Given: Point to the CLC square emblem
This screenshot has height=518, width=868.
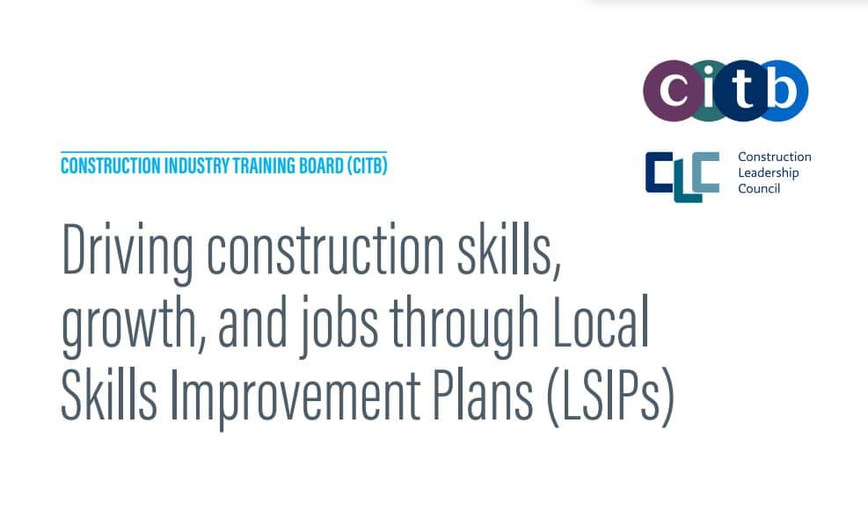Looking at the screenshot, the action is coord(682,177).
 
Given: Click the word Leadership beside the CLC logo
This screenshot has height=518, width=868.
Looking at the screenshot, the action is coord(769,172).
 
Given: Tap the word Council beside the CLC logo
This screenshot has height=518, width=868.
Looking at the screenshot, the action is coord(759,189).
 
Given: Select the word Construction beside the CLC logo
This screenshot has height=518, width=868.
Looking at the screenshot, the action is coord(775,157).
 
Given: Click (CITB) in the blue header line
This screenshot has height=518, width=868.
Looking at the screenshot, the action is coord(367,166).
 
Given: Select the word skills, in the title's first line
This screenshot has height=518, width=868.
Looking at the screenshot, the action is coord(508,249).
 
